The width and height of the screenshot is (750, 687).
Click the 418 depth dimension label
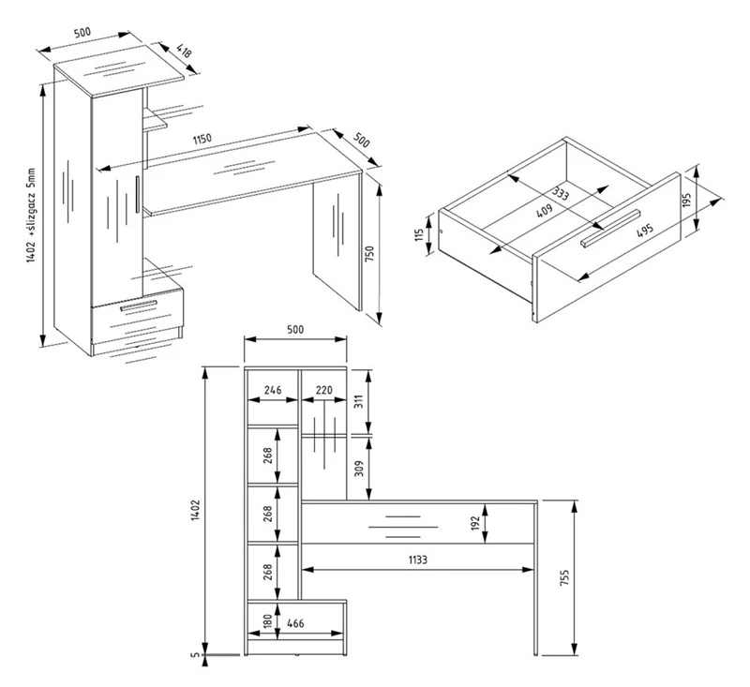point(184,51)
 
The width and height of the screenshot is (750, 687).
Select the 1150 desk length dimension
point(202,139)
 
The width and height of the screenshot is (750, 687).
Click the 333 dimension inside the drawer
point(560,194)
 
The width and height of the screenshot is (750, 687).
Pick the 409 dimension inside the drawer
point(544,210)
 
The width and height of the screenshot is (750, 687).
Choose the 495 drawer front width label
point(645,231)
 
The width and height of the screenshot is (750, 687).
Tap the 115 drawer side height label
point(419,234)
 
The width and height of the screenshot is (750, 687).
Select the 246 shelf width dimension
point(273,390)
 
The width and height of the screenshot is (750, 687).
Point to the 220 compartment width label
point(323,390)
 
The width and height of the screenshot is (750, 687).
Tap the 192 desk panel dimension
point(474,523)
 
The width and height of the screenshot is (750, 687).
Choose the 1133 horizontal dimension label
point(417,559)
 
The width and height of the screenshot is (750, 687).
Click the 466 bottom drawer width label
point(295,623)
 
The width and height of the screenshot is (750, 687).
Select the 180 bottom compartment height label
point(268,620)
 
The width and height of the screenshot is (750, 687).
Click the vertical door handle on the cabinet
point(137,194)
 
